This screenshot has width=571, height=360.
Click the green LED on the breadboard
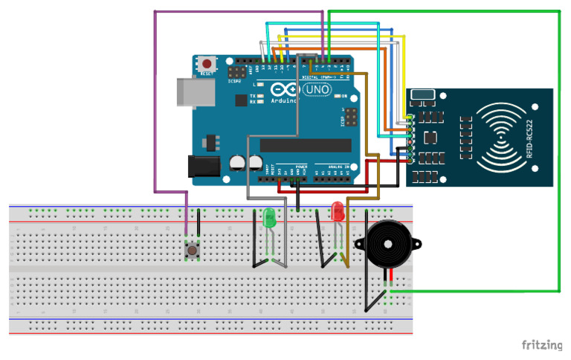269,219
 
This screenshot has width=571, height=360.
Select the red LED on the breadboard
338,211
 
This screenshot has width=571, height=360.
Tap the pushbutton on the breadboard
193,251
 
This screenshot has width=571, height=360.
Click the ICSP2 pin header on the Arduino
238,74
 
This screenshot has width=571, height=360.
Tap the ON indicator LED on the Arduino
336,97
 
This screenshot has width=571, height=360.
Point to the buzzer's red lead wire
386,280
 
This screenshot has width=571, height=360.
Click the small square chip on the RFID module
430,138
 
